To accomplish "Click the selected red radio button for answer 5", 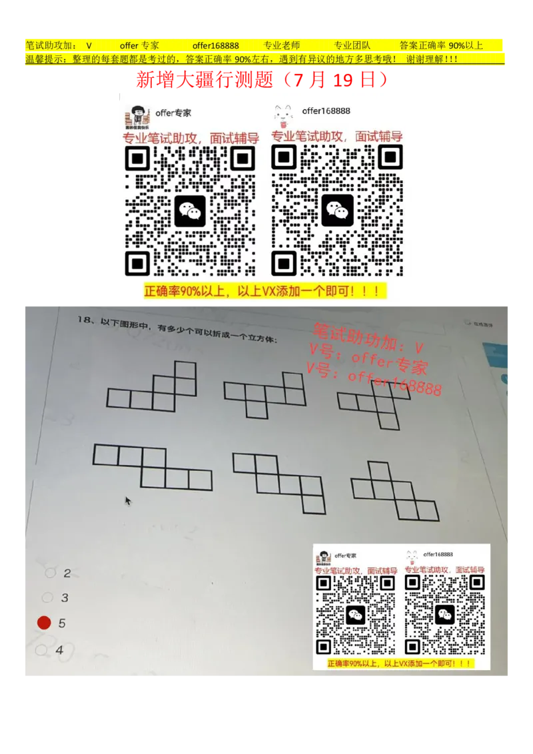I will (44, 623).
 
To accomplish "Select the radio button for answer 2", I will (49, 572).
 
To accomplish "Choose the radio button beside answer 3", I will (47, 597).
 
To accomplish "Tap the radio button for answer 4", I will (41, 649).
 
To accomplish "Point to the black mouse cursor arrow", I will (128, 500).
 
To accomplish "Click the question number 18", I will (83, 320).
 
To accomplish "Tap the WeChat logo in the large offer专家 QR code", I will (191, 211).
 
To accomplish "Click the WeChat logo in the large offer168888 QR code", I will (338, 210).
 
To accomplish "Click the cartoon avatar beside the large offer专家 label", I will (137, 117).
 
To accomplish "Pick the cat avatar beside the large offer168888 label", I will (284, 116).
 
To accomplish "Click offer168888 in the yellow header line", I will (215, 46).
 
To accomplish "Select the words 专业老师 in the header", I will (281, 46).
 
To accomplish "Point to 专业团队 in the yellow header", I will (352, 46).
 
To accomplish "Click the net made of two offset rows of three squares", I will (153, 466).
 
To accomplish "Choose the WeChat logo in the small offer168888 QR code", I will (444, 615).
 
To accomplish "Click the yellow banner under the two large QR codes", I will (265, 292).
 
